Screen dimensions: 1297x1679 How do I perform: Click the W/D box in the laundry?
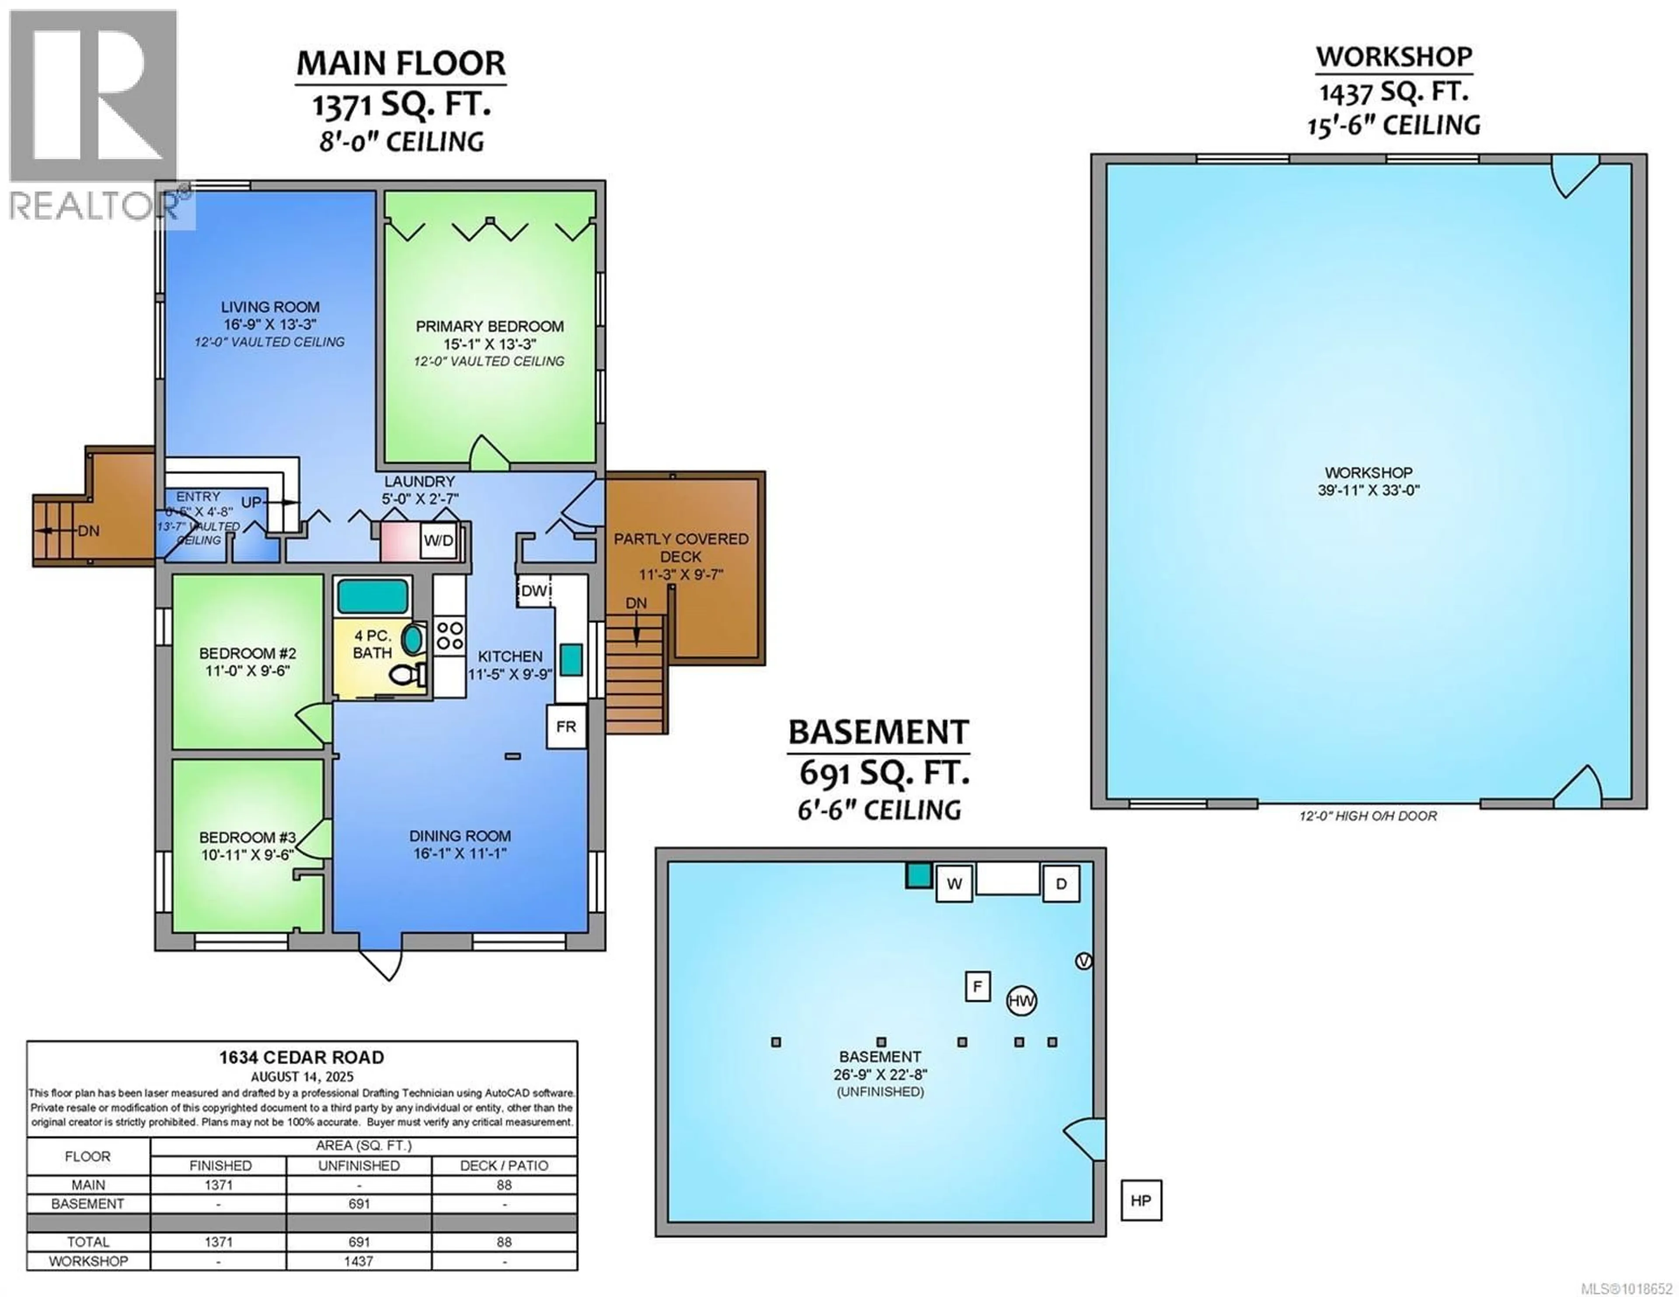pyautogui.click(x=438, y=540)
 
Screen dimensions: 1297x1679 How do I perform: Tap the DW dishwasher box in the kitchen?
pyautogui.click(x=533, y=591)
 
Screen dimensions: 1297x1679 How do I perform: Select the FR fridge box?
pyautogui.click(x=566, y=727)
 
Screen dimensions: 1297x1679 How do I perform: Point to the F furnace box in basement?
pyautogui.click(x=977, y=986)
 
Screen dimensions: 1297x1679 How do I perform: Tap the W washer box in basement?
pyautogui.click(x=954, y=883)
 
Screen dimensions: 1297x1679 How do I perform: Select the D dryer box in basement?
pyautogui.click(x=1061, y=883)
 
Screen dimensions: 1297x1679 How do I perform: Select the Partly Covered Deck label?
pyautogui.click(x=680, y=547)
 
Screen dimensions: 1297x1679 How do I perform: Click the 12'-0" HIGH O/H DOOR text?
pyautogui.click(x=1368, y=816)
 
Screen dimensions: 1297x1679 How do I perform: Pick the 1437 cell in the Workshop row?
pyautogui.click(x=358, y=1261)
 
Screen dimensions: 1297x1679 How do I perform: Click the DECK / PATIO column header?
pyautogui.click(x=504, y=1165)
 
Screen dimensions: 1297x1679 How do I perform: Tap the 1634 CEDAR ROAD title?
pyautogui.click(x=301, y=1057)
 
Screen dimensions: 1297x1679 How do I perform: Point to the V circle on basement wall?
pyautogui.click(x=1083, y=961)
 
